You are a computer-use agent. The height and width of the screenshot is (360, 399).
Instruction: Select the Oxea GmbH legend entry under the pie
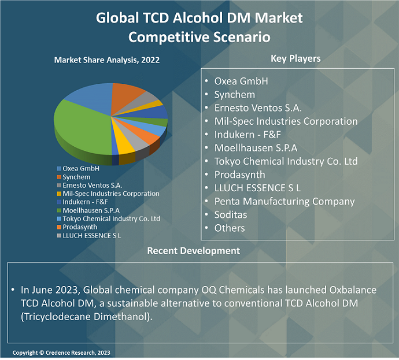pos(81,169)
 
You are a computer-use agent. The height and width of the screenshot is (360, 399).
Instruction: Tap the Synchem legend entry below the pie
pos(76,177)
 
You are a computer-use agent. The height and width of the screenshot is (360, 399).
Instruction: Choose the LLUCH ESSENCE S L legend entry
pos(92,235)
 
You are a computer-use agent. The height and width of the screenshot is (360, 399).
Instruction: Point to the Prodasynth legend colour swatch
pos(58,227)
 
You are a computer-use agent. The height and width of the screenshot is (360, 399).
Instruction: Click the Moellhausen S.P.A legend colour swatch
pos(58,210)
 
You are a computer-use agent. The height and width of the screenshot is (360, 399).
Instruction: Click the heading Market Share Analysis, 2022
pos(107,60)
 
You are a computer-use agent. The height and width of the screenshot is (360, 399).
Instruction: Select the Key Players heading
pos(295,58)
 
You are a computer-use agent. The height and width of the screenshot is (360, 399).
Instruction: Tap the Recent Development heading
pos(193,251)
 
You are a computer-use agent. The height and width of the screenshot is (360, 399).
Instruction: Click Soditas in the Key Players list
pos(231,214)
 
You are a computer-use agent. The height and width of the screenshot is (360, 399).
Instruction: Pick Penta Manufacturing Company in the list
pos(284,201)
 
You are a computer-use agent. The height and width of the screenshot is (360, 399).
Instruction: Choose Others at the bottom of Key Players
pos(230,228)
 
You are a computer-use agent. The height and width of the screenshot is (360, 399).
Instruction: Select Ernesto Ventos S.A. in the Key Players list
pos(258,108)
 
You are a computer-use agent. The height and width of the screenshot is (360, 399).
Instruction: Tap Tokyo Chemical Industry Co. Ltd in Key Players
pos(286,161)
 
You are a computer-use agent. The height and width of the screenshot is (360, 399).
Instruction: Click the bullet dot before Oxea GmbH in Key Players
pos(206,81)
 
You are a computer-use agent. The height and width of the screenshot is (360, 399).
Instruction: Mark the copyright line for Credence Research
pos(62,352)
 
